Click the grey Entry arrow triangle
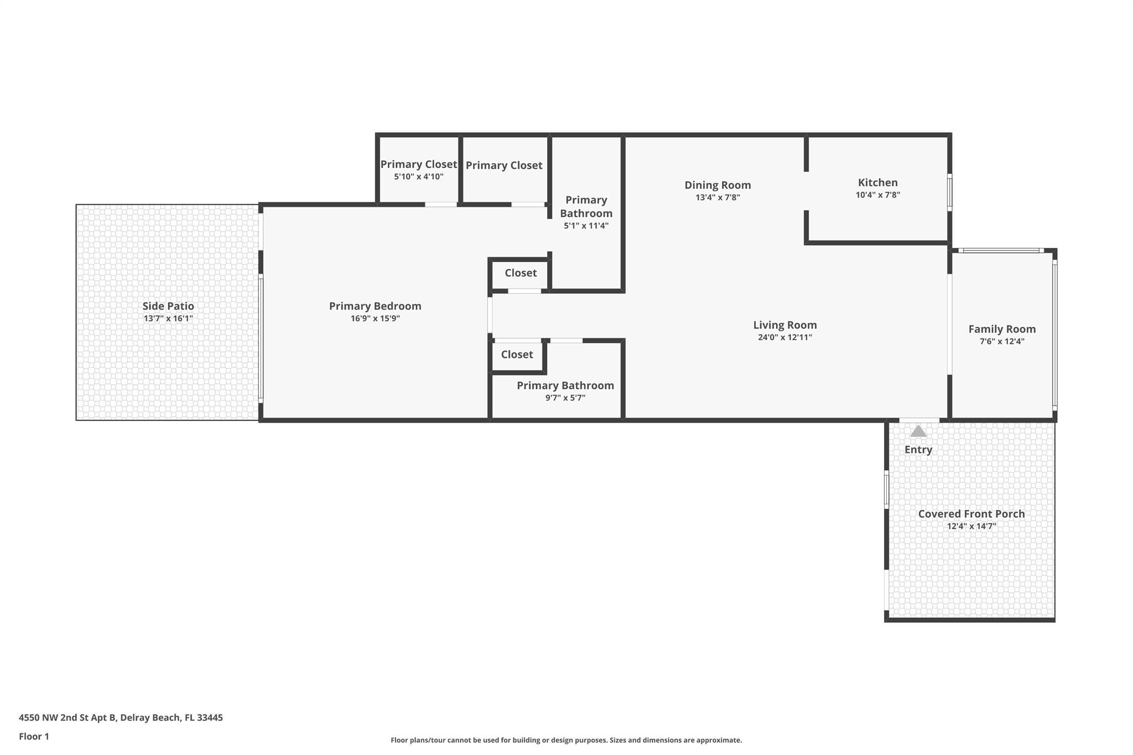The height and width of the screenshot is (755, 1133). coord(918,431)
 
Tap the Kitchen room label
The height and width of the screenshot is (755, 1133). coord(877,183)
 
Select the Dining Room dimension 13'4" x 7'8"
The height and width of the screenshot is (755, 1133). coord(718,197)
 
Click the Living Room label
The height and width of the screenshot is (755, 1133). coord(784,325)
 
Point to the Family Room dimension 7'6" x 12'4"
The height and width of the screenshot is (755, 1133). coord(1001,342)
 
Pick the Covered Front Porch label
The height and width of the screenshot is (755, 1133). coord(971,514)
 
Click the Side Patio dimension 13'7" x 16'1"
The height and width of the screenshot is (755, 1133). coord(168,319)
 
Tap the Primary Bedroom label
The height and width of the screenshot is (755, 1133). coord(375,306)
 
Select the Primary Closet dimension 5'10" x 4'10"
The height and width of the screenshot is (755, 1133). coord(418,177)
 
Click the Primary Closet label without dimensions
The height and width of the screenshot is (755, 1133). coord(503,165)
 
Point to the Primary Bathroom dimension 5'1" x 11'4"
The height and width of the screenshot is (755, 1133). coord(586,226)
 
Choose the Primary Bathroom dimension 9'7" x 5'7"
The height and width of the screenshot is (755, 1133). coord(565,398)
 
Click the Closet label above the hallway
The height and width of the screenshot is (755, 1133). coord(520,273)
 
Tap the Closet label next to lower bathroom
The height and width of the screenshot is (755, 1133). coord(517,355)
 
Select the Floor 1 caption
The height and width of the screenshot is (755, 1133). coord(34,736)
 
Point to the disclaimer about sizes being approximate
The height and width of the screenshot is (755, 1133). coord(566,740)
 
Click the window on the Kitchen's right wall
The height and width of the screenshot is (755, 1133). coord(949,192)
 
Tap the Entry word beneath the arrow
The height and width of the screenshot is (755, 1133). coord(918,450)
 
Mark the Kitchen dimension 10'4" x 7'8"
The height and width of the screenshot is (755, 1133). coord(877,195)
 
